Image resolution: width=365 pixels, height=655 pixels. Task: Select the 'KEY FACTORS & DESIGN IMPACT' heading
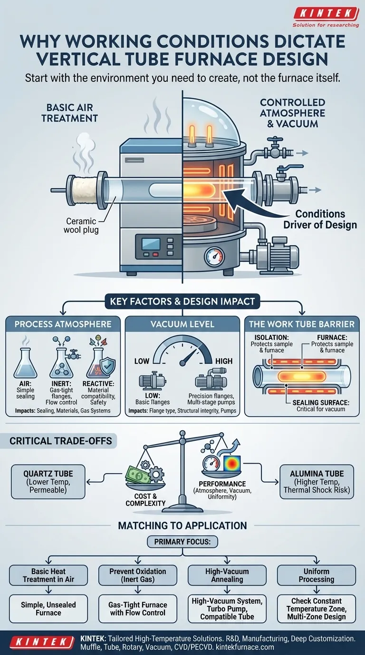point(182,301)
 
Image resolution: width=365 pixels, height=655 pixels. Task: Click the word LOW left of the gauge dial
point(142,361)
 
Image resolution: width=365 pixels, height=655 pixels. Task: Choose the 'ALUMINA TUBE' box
point(317,482)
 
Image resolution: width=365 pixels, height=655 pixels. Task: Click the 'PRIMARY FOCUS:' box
point(182,542)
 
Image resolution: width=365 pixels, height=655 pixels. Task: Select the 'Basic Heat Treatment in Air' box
point(48,575)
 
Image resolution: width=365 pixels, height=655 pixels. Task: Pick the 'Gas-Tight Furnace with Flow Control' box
point(138,609)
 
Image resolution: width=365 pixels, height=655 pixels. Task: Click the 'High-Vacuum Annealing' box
point(227,575)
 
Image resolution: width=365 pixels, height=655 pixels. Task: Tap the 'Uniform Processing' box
point(317,575)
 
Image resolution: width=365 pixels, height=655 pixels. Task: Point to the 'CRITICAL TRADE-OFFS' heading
point(61,441)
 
